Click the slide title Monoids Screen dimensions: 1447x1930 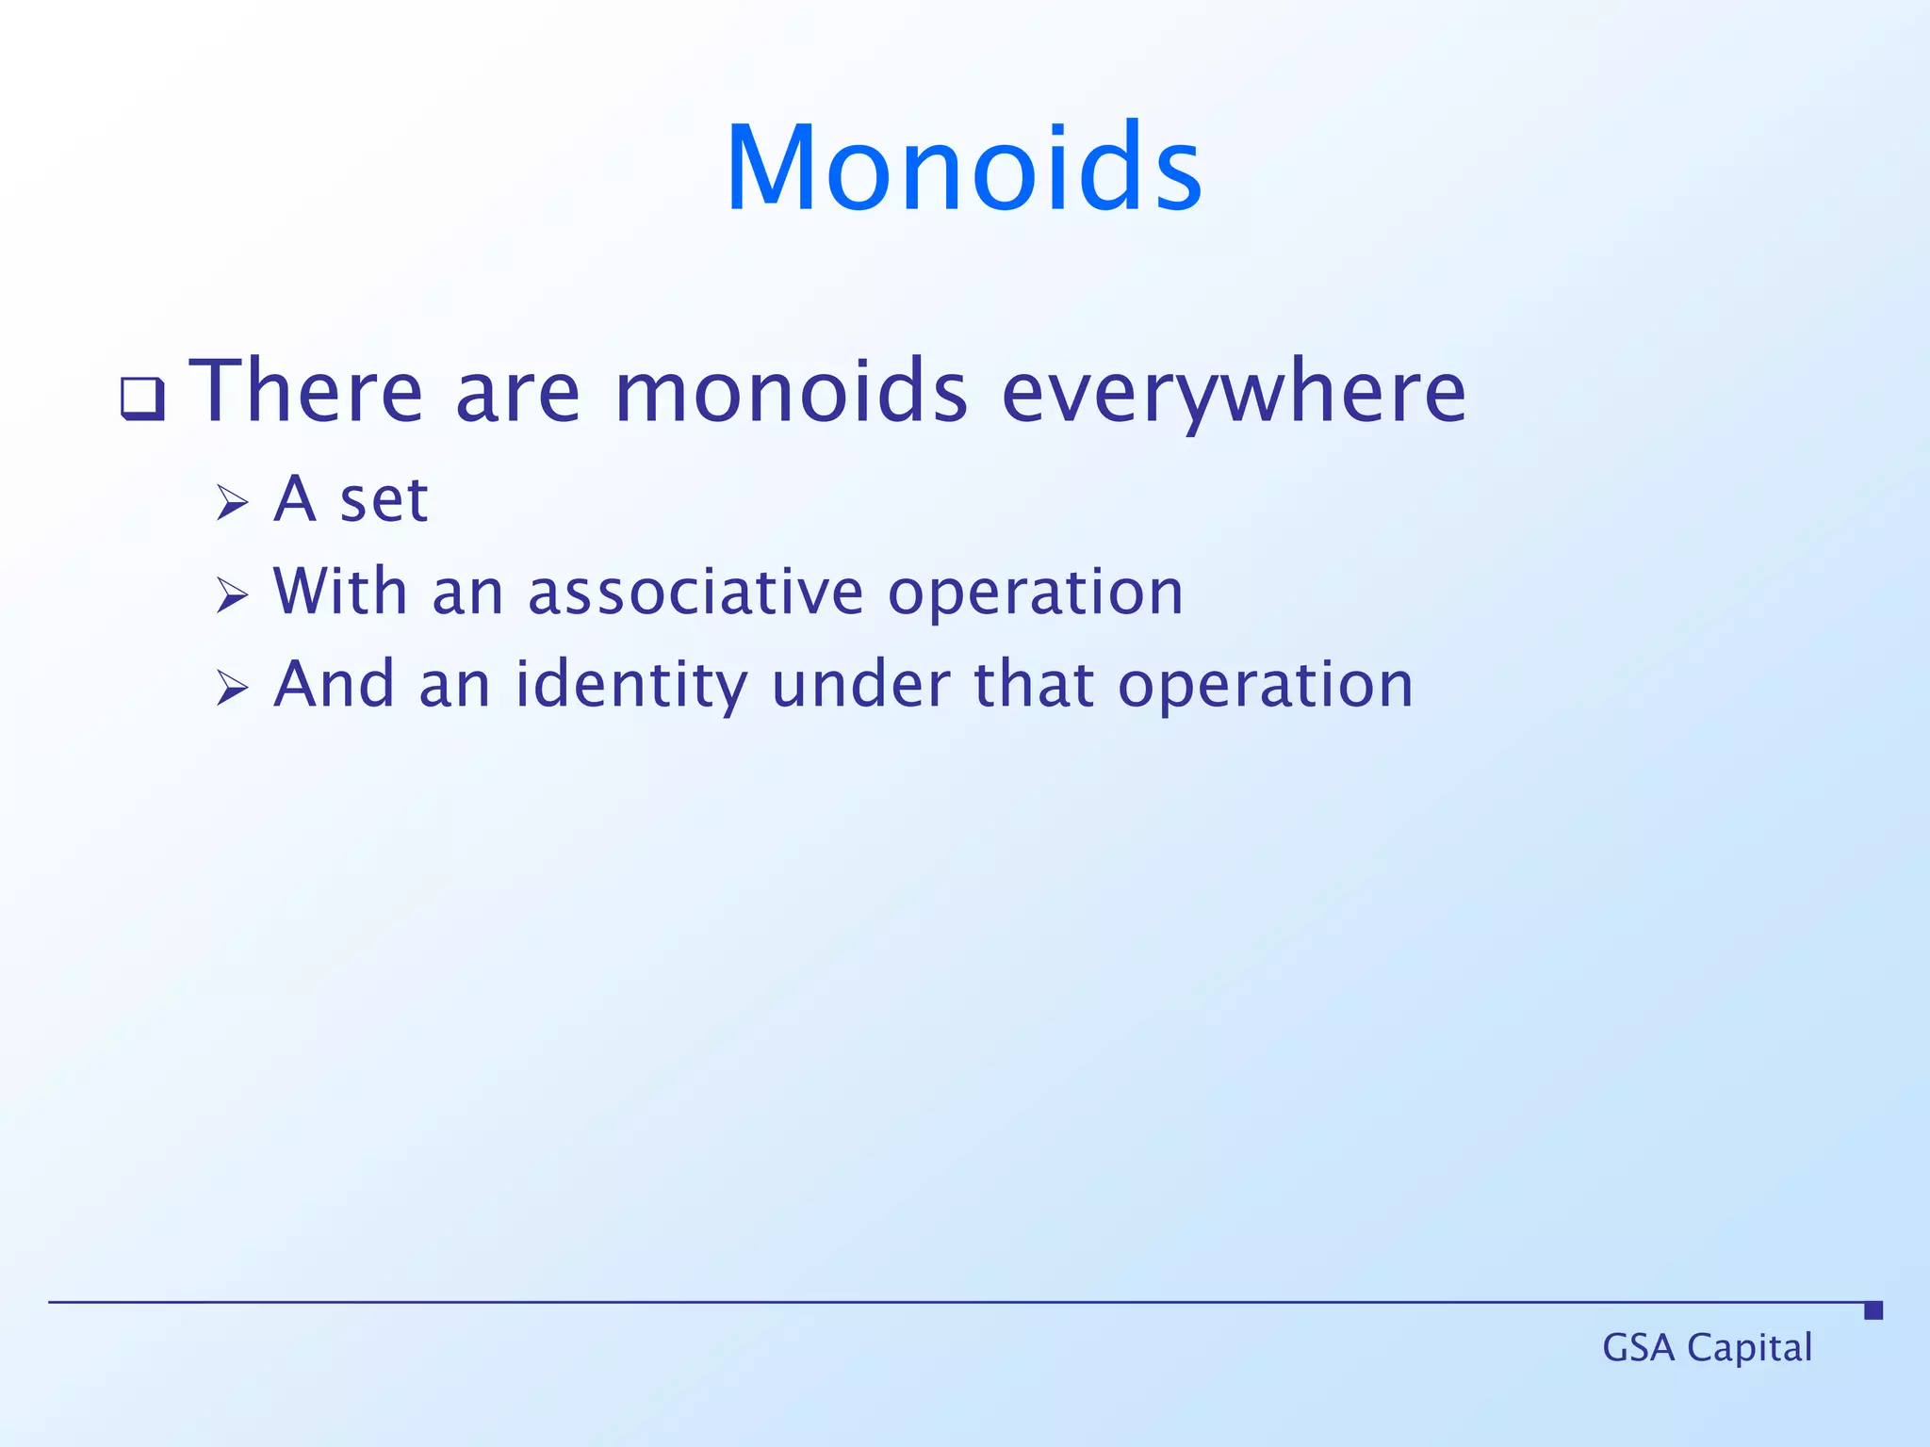tap(963, 170)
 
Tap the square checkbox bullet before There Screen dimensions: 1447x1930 tap(142, 398)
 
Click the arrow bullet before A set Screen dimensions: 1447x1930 tap(232, 502)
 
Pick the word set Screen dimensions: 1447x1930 tap(384, 499)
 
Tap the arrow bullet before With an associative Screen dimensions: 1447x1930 tap(232, 595)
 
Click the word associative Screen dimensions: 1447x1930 tap(695, 593)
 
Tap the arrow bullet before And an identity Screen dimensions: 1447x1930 tap(232, 689)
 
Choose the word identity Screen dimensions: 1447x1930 tap(630, 685)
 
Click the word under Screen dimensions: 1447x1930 tap(860, 685)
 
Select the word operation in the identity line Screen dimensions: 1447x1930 tap(1265, 687)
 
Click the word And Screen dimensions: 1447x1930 tap(334, 685)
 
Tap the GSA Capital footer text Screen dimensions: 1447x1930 tap(1707, 1348)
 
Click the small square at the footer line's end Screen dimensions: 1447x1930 tap(1873, 1310)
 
